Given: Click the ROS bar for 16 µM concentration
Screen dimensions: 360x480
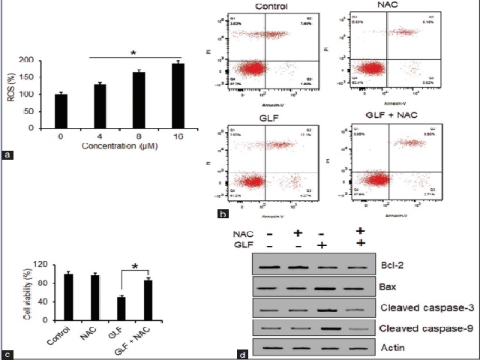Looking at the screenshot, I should coord(157,96).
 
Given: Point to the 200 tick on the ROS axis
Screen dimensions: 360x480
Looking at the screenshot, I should coord(49,60).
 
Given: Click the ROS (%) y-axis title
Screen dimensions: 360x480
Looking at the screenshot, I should coord(22,92).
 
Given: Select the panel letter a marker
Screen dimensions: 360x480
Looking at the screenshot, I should coord(7,156).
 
